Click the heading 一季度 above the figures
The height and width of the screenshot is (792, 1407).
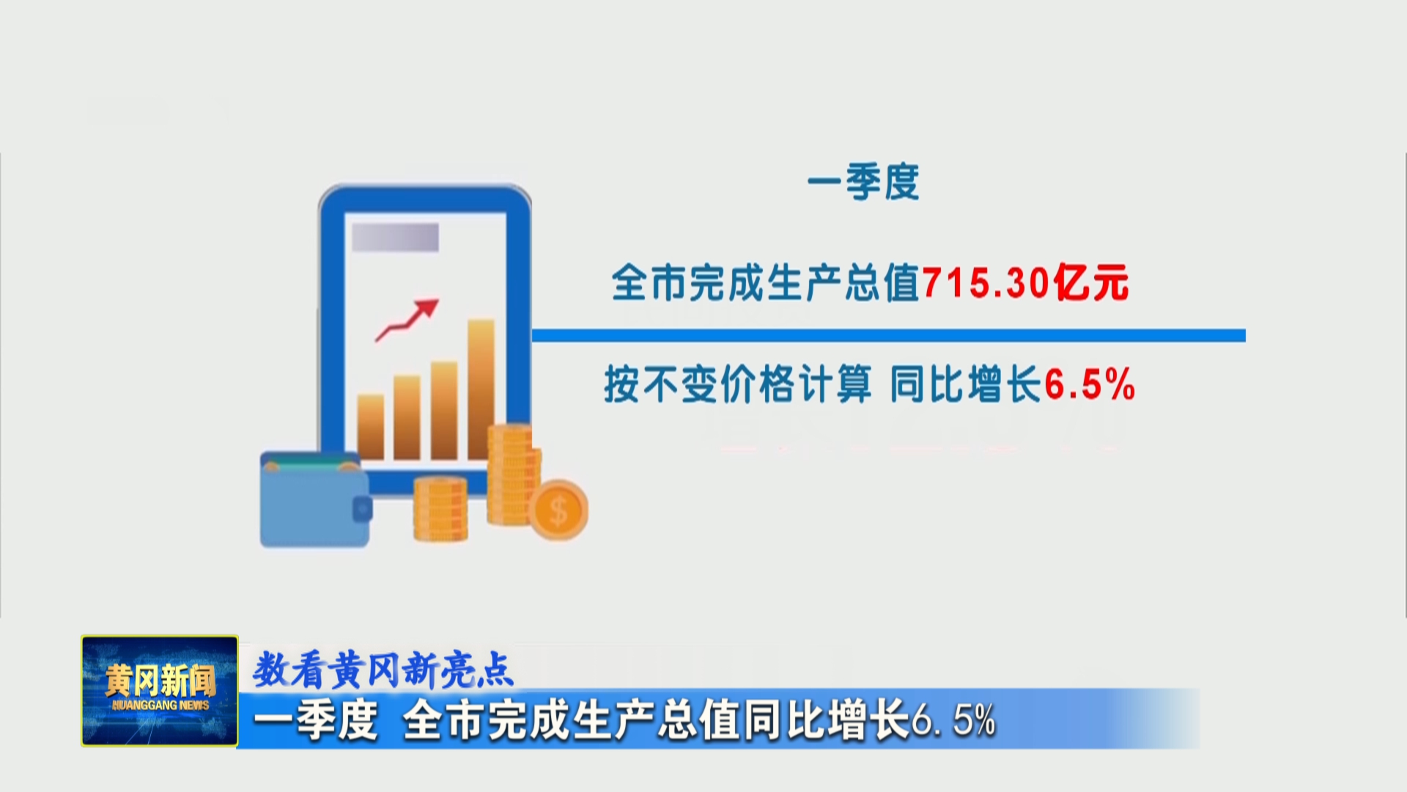pyautogui.click(x=863, y=182)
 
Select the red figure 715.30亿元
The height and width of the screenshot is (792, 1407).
pyautogui.click(x=1025, y=282)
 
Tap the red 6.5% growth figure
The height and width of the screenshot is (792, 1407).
pyautogui.click(x=1089, y=384)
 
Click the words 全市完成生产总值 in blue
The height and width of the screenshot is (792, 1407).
pyautogui.click(x=766, y=282)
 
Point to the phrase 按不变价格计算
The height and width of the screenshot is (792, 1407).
pyautogui.click(x=738, y=384)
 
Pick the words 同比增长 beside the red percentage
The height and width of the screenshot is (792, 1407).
pyautogui.click(x=966, y=384)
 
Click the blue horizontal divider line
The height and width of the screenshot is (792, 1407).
pyautogui.click(x=888, y=335)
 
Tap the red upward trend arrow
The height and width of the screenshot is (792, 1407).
pyautogui.click(x=407, y=320)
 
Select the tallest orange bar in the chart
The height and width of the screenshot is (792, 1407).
pyautogui.click(x=481, y=389)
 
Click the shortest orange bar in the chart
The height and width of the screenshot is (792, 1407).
pyautogui.click(x=371, y=427)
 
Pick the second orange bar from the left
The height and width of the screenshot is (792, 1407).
pyautogui.click(x=407, y=417)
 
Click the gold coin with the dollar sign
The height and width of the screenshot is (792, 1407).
pyautogui.click(x=558, y=510)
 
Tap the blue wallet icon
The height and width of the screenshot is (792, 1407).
pyautogui.click(x=315, y=499)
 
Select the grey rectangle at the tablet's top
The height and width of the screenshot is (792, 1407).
pyautogui.click(x=395, y=237)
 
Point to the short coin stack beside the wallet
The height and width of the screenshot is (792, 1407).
pyautogui.click(x=440, y=509)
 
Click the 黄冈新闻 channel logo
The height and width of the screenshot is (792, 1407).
pyautogui.click(x=160, y=690)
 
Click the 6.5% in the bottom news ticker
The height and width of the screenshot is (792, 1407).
pyautogui.click(x=953, y=720)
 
